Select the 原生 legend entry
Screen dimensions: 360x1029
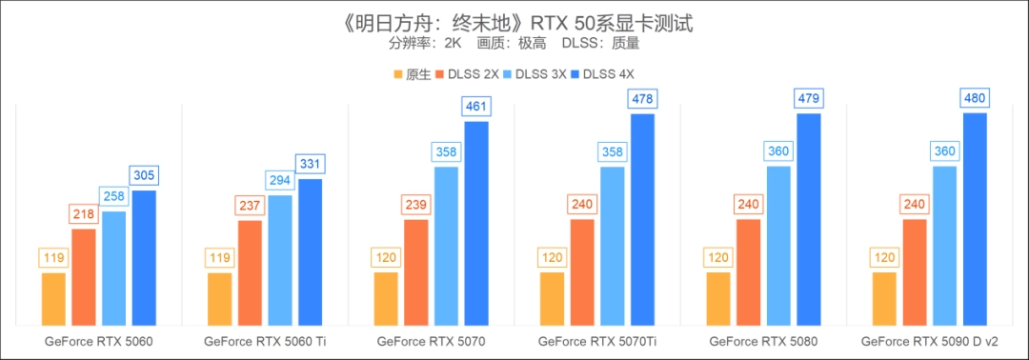(411, 74)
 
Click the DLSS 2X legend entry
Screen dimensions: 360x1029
(466, 74)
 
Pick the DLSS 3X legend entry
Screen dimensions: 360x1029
(536, 74)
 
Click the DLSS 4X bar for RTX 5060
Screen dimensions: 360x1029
(144, 257)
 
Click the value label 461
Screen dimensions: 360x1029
(475, 106)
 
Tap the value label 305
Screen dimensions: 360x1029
(144, 175)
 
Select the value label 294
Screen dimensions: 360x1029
(280, 180)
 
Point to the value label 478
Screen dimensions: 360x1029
(642, 98)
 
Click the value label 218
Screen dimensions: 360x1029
(84, 214)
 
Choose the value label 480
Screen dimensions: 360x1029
(975, 97)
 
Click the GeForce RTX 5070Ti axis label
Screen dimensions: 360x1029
(597, 340)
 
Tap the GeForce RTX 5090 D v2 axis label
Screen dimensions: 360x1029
(929, 340)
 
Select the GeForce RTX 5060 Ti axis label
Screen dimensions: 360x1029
(265, 340)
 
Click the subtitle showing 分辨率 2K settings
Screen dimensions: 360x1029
(514, 43)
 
